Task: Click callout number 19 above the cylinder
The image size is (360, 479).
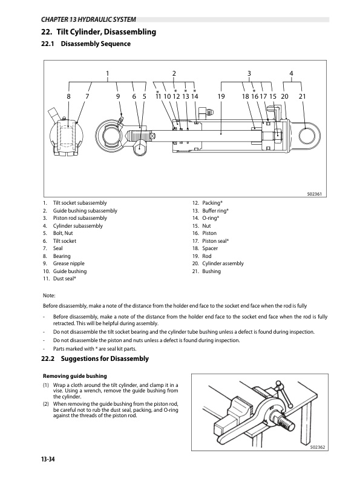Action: [x=221, y=96]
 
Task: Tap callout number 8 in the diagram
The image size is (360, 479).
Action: [x=69, y=96]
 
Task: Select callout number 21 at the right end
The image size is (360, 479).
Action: [x=303, y=96]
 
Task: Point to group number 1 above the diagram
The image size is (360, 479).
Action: [x=107, y=74]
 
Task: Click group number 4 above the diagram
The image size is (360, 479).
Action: [x=292, y=74]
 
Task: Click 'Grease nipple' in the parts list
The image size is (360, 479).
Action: [x=68, y=263]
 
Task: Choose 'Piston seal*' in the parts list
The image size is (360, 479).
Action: [x=215, y=240]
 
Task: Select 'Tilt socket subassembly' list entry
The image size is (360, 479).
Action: [x=80, y=202]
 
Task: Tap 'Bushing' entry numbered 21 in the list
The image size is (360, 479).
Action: [x=211, y=271]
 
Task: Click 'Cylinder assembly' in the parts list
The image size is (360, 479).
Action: [x=223, y=263]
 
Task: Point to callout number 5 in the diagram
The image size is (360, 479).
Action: [x=145, y=96]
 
